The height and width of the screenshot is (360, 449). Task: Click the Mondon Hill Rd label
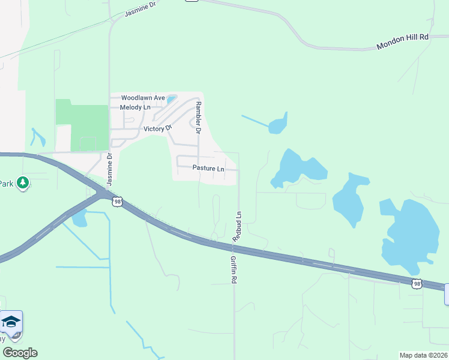tap(402, 41)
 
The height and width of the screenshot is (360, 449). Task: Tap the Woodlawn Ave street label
tap(143, 97)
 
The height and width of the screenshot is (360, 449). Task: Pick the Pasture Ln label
tap(208, 169)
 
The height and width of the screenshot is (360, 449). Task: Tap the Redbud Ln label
tap(238, 227)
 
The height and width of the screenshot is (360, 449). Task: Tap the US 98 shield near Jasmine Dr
tap(116, 202)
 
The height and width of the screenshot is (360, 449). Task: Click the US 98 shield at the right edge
tap(417, 283)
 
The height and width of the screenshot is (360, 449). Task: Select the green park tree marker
tap(23, 182)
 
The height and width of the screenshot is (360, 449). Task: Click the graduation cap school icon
tap(10, 323)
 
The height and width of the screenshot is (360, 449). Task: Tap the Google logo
tap(20, 353)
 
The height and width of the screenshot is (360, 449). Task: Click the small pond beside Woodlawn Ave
tap(172, 99)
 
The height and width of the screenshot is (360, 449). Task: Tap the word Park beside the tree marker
tap(6, 183)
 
